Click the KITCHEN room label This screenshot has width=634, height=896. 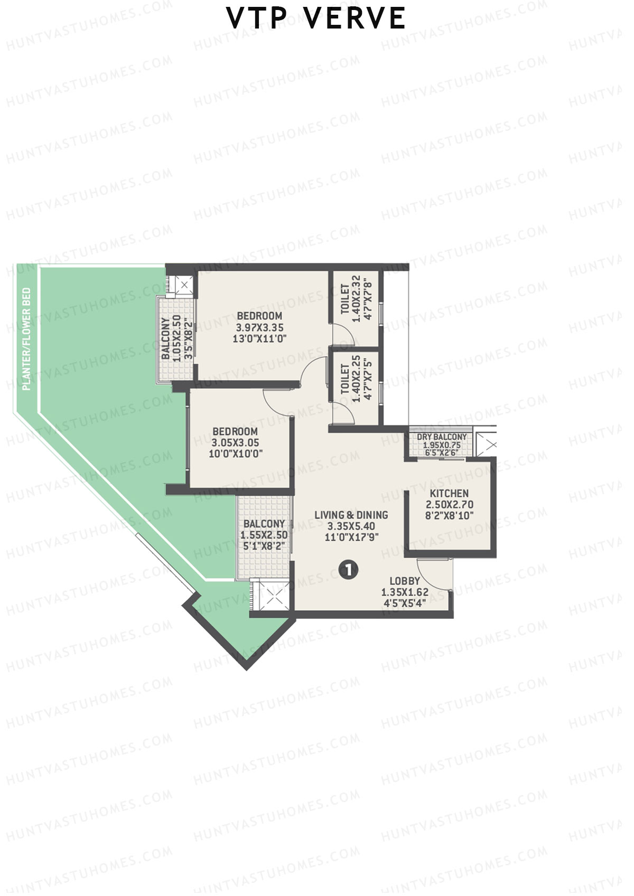point(449,493)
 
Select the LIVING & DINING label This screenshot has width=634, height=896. point(351,515)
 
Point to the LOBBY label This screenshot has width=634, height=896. point(405,581)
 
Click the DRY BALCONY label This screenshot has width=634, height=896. point(442,437)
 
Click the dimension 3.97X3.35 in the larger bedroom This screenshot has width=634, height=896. point(259,327)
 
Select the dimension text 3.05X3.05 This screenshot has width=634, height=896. point(235,442)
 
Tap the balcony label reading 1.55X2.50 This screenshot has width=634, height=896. point(264,535)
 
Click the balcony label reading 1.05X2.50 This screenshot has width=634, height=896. point(177,338)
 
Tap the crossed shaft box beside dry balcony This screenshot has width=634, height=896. point(486,444)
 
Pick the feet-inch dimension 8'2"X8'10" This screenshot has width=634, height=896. point(449,515)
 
